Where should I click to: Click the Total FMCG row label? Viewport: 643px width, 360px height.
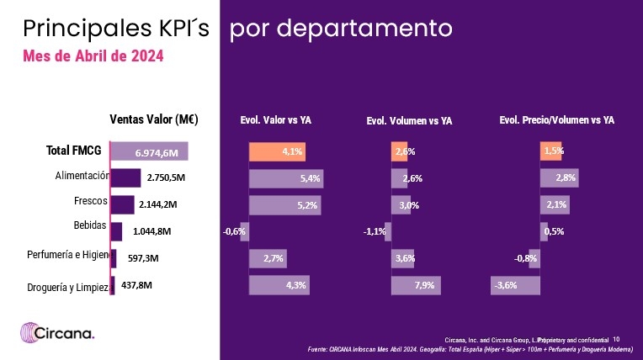[73, 151]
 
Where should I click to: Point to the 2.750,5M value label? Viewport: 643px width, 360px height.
[166, 178]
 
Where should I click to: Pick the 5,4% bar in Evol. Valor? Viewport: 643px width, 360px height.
[286, 178]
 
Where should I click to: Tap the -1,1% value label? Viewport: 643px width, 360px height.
[375, 232]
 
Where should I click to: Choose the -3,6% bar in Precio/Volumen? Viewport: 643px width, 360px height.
[515, 286]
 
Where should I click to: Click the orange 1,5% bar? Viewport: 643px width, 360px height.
[552, 151]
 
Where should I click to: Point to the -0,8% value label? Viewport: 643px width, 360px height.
[526, 259]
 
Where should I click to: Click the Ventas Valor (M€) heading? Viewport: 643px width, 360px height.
[154, 119]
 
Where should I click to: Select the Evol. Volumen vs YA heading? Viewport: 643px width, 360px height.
[409, 121]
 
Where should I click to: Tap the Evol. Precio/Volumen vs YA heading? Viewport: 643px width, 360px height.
[557, 120]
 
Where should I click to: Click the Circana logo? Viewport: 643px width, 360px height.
[58, 332]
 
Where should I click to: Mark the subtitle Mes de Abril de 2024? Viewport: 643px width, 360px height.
[93, 56]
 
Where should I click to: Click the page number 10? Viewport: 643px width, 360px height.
[615, 339]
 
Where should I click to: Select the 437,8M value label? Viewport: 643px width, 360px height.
[136, 285]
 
